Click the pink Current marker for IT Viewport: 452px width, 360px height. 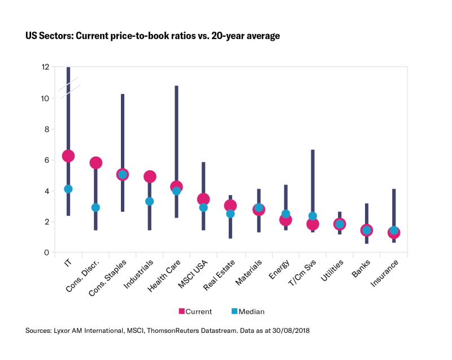pyautogui.click(x=68, y=156)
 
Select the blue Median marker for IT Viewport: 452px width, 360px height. pyautogui.click(x=68, y=189)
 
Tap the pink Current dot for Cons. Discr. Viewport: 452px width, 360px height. pyautogui.click(x=95, y=163)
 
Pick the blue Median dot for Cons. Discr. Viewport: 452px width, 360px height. pyautogui.click(x=95, y=207)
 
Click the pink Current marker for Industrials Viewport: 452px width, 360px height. pyautogui.click(x=150, y=177)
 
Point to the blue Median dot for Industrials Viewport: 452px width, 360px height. pyautogui.click(x=150, y=201)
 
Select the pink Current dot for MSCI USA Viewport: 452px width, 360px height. pyautogui.click(x=203, y=199)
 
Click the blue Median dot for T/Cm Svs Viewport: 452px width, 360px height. pyautogui.click(x=312, y=216)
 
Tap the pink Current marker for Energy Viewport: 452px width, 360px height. pyautogui.click(x=285, y=220)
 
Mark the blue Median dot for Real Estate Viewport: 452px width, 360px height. pyautogui.click(x=231, y=214)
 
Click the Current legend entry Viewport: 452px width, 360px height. pyautogui.click(x=195, y=311)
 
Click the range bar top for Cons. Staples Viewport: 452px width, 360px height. pyautogui.click(x=123, y=94)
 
